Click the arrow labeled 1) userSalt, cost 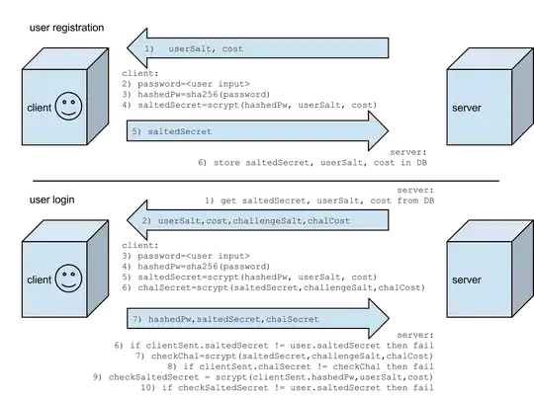257,48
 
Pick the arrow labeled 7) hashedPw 257,318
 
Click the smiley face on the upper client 68,106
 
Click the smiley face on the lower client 68,278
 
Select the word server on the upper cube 466,106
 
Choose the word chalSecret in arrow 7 292,319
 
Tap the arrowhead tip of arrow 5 390,130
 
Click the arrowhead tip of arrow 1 126,48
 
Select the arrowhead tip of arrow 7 390,318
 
